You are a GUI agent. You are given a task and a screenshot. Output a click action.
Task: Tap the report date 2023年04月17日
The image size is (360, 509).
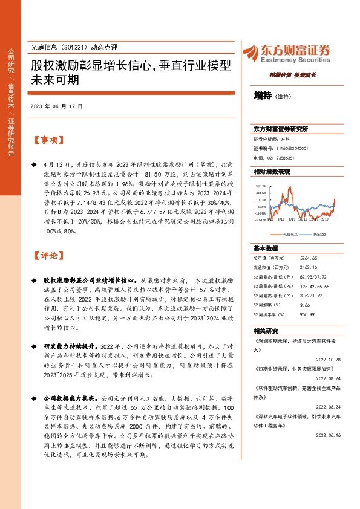tap(56, 106)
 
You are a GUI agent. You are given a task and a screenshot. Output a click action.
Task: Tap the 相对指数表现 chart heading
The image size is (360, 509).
tap(272, 172)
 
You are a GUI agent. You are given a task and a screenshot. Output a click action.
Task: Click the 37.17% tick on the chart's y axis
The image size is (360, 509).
tap(261, 186)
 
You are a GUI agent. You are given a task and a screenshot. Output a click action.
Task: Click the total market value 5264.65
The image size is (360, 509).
tap(309, 258)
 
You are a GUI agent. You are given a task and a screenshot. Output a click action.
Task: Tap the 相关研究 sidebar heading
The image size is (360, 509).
tap(266, 331)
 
